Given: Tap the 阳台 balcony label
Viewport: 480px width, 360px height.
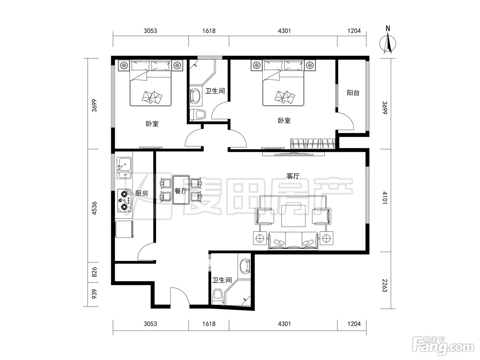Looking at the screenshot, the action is (x=353, y=93).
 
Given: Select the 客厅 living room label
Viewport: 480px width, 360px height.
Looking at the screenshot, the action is (x=293, y=176).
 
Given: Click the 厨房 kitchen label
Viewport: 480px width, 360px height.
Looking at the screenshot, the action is (x=142, y=193).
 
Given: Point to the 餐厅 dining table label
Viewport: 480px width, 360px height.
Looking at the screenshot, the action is (x=181, y=191).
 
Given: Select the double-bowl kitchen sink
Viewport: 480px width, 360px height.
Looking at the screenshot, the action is (x=124, y=168).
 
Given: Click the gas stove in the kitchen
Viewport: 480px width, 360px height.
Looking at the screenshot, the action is (x=124, y=201).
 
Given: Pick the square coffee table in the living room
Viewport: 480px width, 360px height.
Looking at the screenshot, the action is (x=293, y=216).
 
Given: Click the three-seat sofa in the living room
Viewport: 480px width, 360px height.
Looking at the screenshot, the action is (x=293, y=241).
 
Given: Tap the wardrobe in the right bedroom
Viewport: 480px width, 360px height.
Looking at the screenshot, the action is (x=313, y=144).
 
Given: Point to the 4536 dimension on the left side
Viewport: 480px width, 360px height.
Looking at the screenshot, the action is (x=94, y=208).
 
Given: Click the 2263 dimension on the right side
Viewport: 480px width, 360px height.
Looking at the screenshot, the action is (x=385, y=285).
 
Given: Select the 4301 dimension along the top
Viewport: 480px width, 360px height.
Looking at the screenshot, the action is (x=284, y=31).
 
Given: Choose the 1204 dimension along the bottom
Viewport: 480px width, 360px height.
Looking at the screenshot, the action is (x=354, y=324).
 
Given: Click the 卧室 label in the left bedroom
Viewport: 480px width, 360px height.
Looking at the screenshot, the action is (x=152, y=124).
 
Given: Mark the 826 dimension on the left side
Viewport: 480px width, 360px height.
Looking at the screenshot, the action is (x=94, y=272).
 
